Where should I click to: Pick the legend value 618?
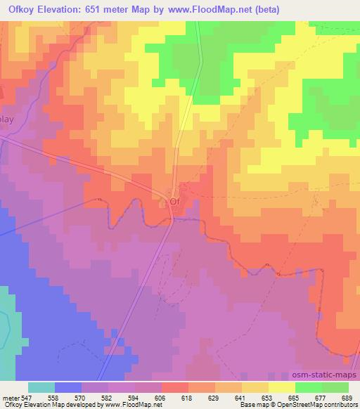tap(188, 397)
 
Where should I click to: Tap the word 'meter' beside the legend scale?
tap(12, 397)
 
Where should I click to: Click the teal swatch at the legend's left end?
tap(41, 387)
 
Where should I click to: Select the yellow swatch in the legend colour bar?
tap(282, 387)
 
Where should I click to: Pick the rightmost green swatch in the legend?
tap(335, 387)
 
